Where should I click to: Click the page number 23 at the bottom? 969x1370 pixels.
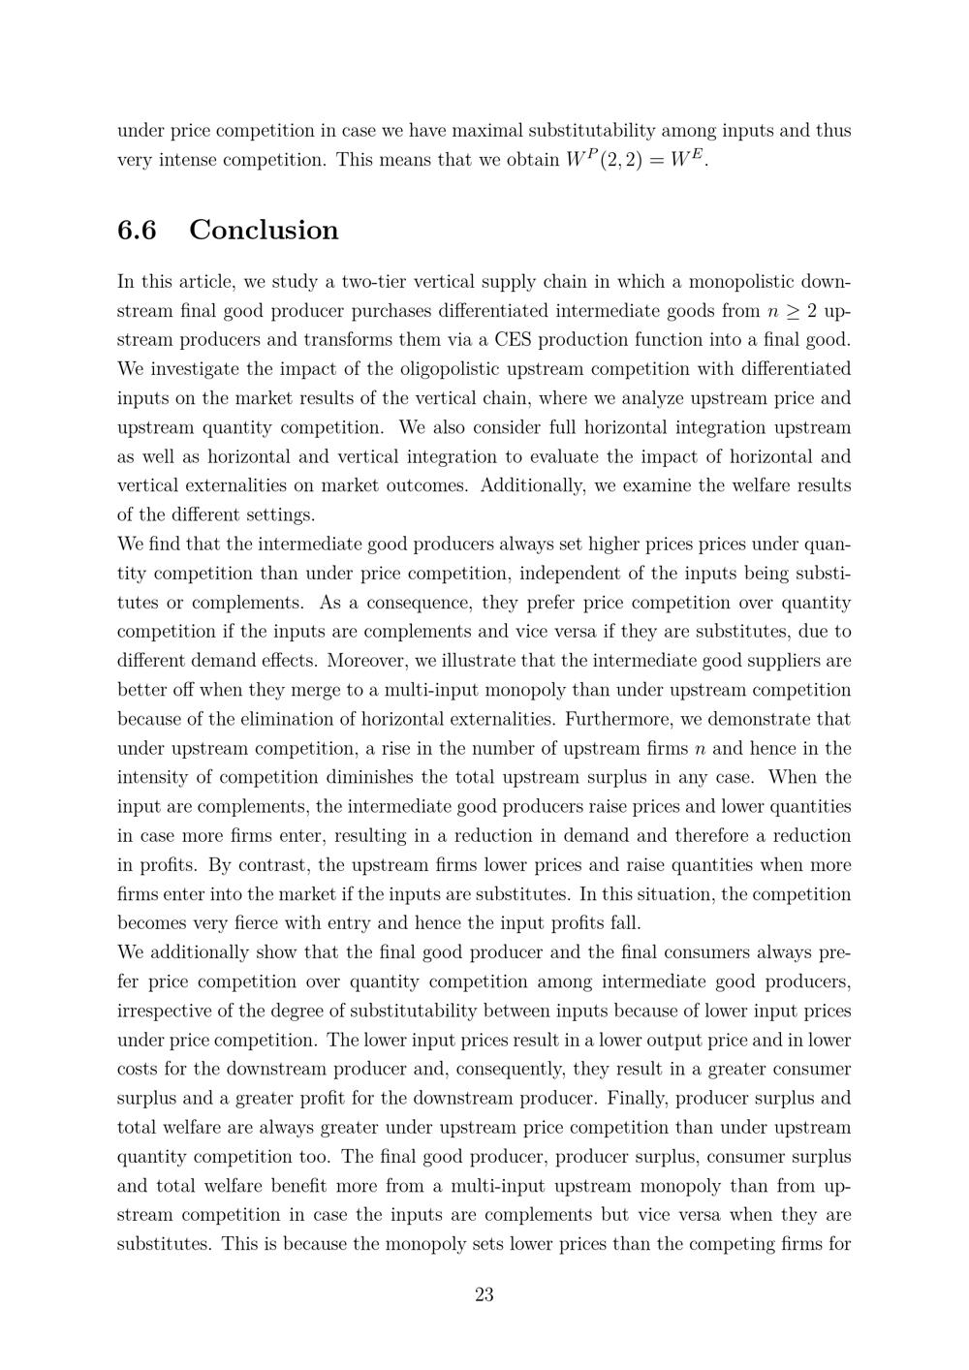(x=484, y=1294)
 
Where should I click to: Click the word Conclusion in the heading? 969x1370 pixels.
(x=264, y=230)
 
